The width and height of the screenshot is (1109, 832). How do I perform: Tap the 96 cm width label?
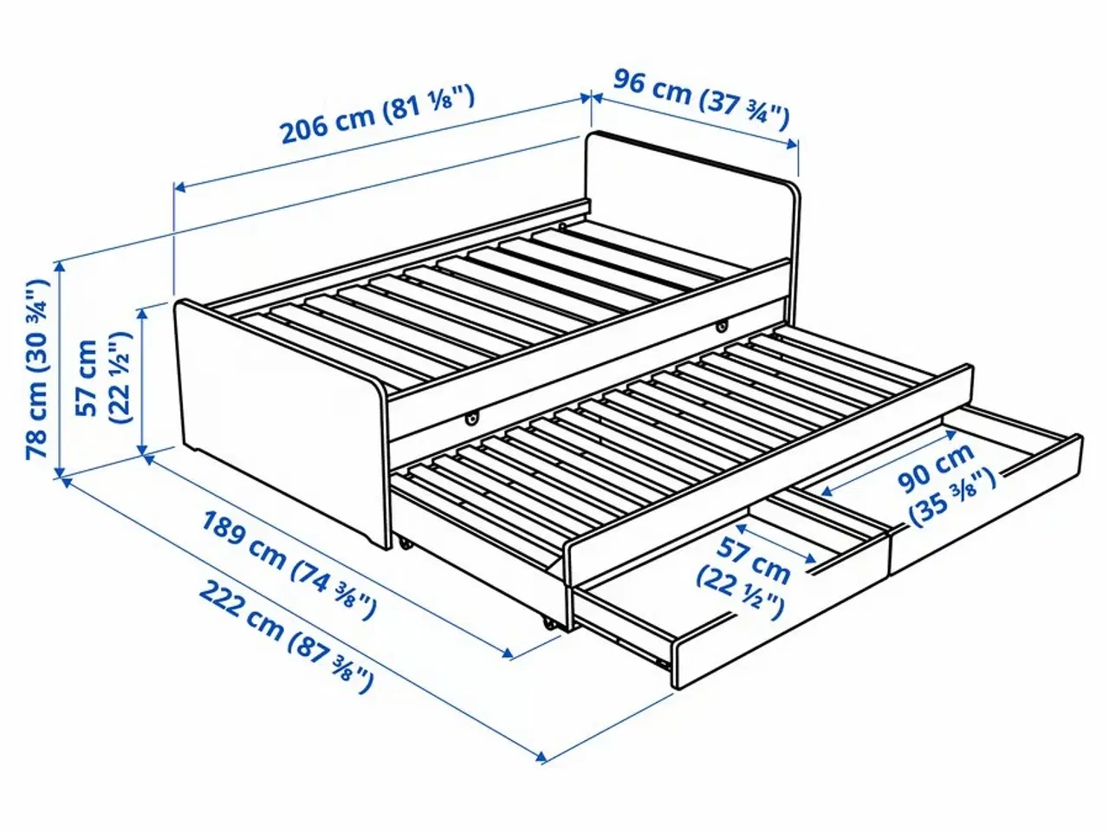pos(652,88)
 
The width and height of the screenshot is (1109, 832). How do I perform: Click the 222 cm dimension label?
pos(242,608)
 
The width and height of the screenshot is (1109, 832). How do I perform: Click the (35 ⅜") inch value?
pos(951,501)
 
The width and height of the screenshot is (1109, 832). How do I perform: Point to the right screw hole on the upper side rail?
pos(721,326)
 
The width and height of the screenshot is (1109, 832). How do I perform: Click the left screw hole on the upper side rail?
pos(473,419)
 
